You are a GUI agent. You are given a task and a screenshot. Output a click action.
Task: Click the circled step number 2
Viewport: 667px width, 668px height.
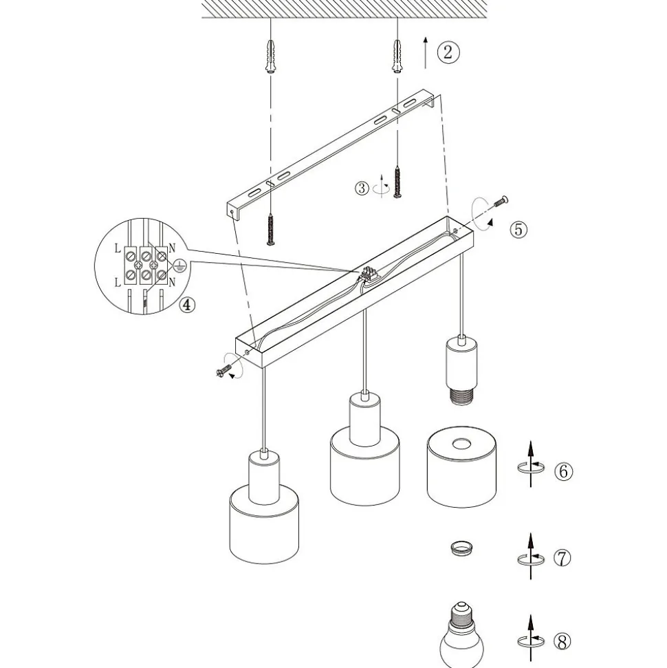448,52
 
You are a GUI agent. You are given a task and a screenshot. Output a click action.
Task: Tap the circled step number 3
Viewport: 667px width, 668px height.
362,188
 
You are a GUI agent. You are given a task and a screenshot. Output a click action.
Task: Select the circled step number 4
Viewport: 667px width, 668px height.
188,305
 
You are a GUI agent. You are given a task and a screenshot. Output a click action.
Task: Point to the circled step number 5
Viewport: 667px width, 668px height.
518,229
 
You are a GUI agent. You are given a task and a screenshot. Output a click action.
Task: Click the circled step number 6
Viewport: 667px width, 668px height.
563,471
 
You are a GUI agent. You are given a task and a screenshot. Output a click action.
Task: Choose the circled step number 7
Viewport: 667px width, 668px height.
562,558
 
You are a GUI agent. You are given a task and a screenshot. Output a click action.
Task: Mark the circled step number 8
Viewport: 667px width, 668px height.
562,641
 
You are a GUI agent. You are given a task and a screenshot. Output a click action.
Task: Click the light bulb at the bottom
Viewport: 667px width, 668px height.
461,635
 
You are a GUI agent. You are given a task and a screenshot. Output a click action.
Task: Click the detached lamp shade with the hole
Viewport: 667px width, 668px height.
461,468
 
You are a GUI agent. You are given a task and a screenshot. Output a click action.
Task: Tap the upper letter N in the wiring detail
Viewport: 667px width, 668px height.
172,248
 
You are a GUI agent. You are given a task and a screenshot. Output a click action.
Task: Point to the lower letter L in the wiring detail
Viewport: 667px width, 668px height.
118,282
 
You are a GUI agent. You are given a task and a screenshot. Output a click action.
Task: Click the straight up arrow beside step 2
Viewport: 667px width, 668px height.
425,52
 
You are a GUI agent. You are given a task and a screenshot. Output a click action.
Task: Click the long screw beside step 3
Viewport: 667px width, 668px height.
398,182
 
